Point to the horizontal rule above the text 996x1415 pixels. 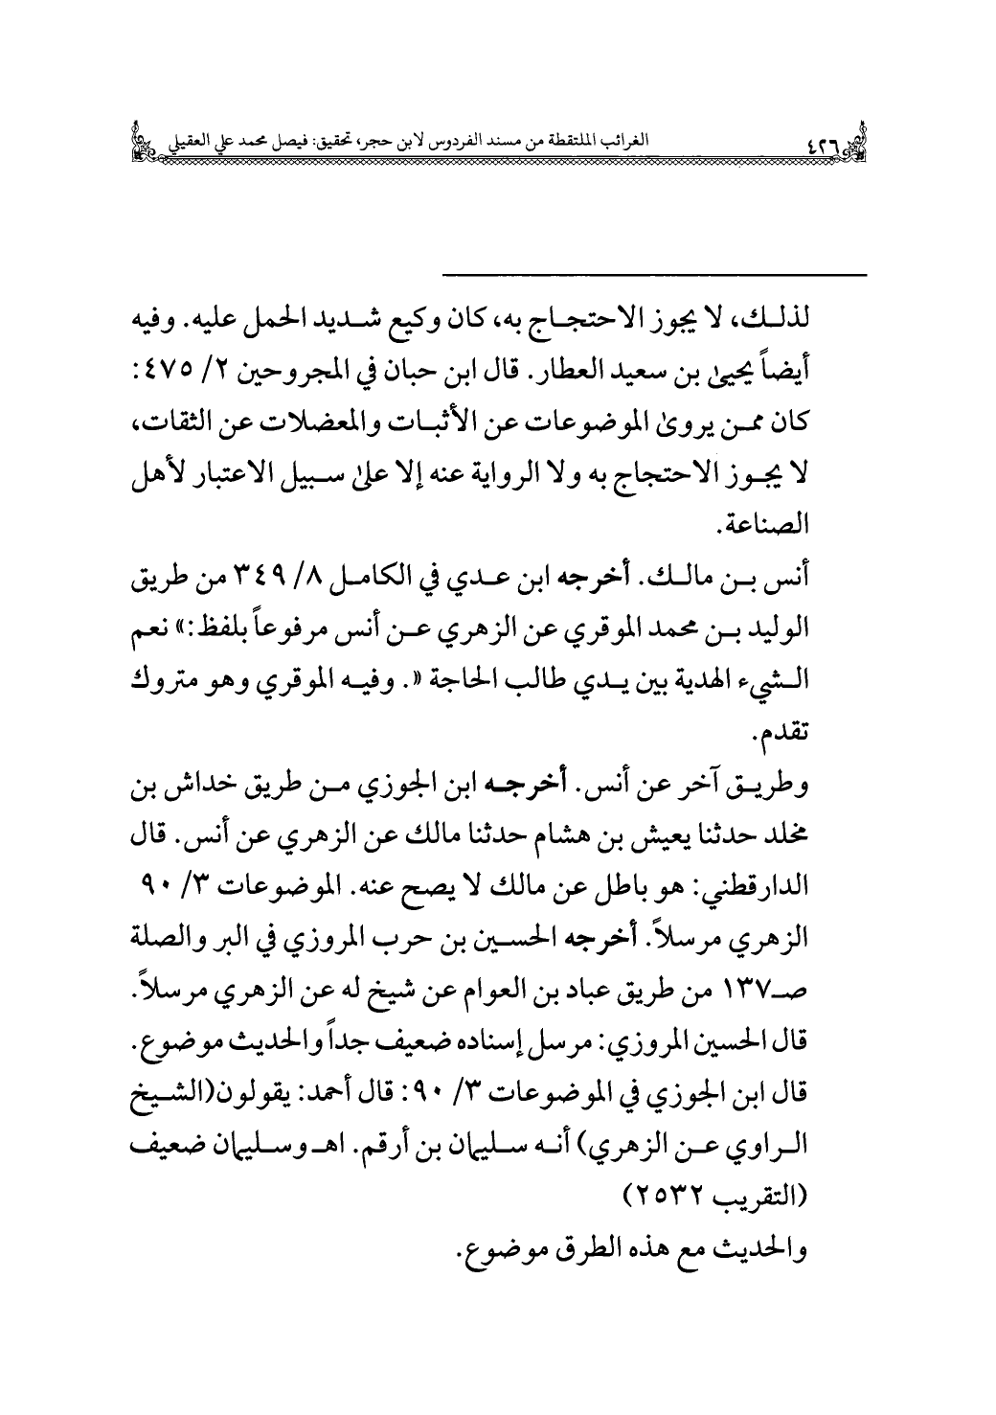654,277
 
